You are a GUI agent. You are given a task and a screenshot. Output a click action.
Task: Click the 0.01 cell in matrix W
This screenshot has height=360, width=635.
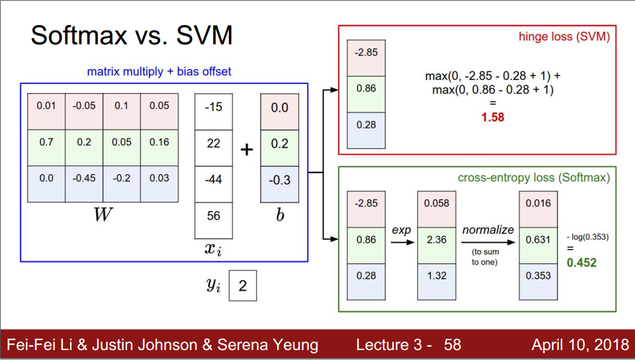(46, 106)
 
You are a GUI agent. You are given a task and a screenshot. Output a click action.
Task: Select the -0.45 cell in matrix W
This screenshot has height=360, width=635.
(84, 178)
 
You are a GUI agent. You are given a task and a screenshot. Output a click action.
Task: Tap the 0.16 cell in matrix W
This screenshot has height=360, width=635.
(159, 142)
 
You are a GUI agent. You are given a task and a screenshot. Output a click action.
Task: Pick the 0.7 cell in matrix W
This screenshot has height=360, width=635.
(46, 142)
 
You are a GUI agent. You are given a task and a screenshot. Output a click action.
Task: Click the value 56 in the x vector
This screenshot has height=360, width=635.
(214, 216)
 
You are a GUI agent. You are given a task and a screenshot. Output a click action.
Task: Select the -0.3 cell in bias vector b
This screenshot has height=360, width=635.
(280, 179)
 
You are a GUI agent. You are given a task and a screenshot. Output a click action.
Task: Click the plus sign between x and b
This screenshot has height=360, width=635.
(247, 150)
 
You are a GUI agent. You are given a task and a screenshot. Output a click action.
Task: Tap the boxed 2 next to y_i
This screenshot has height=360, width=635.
(243, 286)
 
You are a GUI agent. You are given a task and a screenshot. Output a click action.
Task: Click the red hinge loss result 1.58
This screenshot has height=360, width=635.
(492, 117)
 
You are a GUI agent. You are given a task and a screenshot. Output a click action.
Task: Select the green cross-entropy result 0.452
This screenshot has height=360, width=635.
(581, 263)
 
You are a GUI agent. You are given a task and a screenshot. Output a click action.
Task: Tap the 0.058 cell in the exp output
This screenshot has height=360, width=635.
(437, 204)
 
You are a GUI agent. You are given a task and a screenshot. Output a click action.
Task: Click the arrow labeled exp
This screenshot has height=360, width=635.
(402, 242)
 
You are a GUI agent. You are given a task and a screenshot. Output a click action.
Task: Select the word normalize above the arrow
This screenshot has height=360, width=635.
(487, 230)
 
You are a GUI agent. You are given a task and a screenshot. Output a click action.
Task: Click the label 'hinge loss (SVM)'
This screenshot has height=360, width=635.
(564, 37)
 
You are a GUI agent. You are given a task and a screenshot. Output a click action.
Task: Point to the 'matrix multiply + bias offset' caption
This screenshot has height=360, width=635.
(159, 71)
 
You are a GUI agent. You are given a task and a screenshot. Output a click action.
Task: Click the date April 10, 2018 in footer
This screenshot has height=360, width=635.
(579, 345)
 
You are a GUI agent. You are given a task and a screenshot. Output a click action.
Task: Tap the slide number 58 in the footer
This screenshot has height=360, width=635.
(452, 345)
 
